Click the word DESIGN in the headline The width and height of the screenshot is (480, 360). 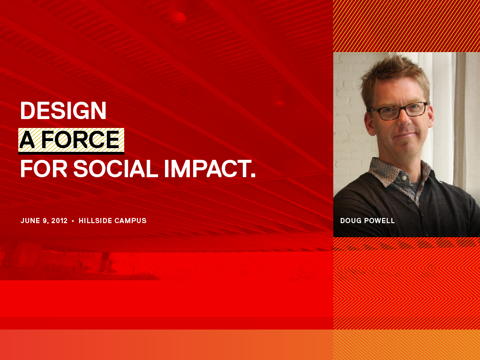click(63, 111)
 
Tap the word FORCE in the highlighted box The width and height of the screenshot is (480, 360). click(80, 140)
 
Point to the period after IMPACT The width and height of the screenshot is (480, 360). click(253, 175)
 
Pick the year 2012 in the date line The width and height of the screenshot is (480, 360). click(60, 221)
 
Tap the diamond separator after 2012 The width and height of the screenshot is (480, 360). click(73, 221)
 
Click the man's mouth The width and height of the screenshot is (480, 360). click(406, 135)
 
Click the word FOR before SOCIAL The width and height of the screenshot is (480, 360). click(44, 169)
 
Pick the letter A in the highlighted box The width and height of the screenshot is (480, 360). click(27, 140)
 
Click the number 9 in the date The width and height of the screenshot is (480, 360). click(45, 221)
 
